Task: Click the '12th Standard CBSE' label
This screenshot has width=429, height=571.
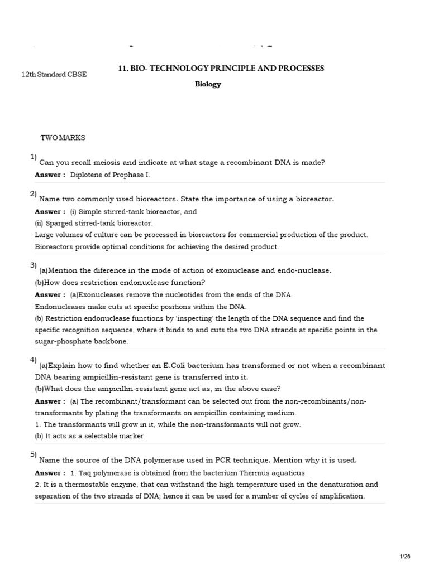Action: tap(54, 75)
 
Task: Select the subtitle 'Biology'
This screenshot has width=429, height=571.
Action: tap(208, 85)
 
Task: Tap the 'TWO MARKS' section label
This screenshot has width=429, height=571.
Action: tap(63, 137)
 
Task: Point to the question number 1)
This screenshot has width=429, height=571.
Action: tap(34, 157)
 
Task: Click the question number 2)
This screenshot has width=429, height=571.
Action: tap(34, 193)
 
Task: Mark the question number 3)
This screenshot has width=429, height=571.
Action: tap(34, 265)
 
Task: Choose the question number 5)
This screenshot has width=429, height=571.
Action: tap(34, 454)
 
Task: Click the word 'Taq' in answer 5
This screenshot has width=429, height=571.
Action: tap(84, 473)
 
